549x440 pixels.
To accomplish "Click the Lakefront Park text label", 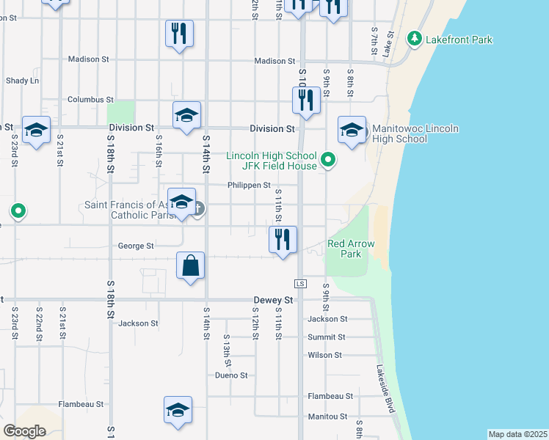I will click(459, 40).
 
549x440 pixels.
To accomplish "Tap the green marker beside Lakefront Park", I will click(415, 38).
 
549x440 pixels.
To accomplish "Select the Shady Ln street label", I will click(22, 81).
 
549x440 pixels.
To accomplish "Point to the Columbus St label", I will click(90, 99).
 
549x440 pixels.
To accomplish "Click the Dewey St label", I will click(273, 300).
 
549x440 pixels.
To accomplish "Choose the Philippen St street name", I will click(249, 186).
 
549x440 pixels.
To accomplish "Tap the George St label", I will click(136, 246).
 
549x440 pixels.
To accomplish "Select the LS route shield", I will click(299, 283).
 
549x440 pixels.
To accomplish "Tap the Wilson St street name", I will click(325, 355).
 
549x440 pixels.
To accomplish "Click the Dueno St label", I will click(231, 375).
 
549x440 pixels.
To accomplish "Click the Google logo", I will click(24, 431).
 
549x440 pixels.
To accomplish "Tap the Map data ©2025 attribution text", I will click(517, 434).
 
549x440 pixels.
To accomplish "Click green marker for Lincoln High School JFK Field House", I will click(329, 159).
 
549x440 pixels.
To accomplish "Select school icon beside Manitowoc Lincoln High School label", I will click(352, 131).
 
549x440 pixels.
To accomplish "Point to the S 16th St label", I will click(158, 149).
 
